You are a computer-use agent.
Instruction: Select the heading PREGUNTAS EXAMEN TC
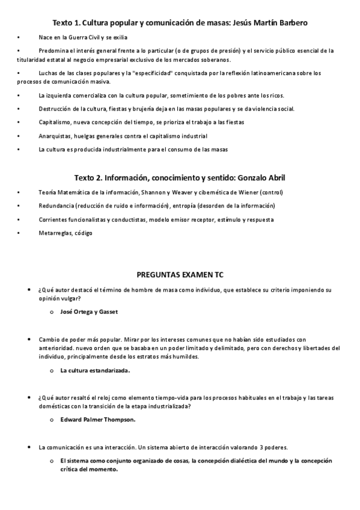[180, 274]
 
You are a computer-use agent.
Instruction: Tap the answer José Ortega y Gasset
[90, 312]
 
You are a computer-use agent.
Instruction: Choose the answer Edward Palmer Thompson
[98, 420]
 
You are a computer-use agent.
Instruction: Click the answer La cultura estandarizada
[95, 370]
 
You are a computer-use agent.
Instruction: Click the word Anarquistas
[55, 136]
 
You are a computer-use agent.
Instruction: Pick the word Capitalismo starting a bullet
[55, 122]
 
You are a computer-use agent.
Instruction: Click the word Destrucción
[55, 109]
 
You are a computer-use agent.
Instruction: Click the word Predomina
[53, 51]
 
